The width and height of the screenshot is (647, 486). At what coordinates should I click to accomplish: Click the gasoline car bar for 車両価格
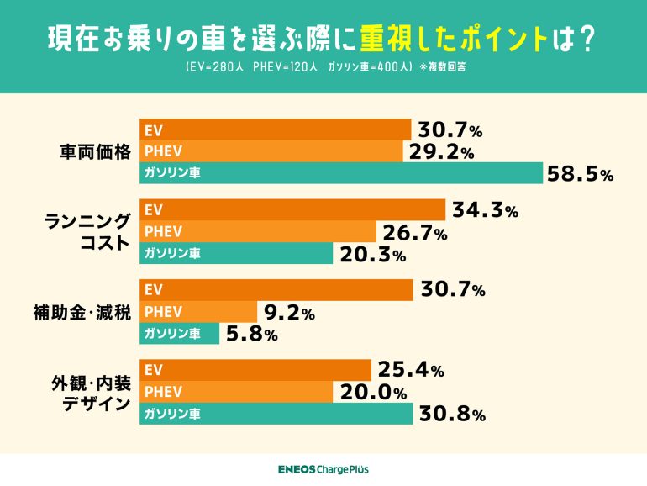pyautogui.click(x=340, y=173)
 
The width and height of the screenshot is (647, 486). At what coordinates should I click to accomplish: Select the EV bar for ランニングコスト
pyautogui.click(x=292, y=210)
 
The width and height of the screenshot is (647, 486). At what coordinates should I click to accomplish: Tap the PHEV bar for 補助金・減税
pyautogui.click(x=197, y=312)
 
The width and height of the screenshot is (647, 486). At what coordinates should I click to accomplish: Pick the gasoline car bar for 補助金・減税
pyautogui.click(x=179, y=334)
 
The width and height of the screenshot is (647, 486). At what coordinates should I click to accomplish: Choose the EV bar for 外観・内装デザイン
pyautogui.click(x=255, y=370)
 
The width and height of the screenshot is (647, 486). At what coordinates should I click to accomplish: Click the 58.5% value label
pyautogui.click(x=580, y=175)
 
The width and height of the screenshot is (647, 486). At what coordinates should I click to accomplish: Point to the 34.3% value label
pyautogui.click(x=485, y=211)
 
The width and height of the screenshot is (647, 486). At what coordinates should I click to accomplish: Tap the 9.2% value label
pyautogui.click(x=289, y=314)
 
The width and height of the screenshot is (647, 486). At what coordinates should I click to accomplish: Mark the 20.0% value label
pyautogui.click(x=373, y=393)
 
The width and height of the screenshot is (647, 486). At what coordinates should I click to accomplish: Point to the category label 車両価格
pyautogui.click(x=95, y=152)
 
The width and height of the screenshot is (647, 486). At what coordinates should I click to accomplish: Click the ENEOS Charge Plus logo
pyautogui.click(x=323, y=469)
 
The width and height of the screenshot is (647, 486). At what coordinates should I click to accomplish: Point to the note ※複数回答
pyautogui.click(x=443, y=67)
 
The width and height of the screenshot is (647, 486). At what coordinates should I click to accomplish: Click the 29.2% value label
pyautogui.click(x=441, y=152)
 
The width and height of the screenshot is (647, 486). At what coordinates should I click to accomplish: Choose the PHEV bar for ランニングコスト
pyautogui.click(x=257, y=231)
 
